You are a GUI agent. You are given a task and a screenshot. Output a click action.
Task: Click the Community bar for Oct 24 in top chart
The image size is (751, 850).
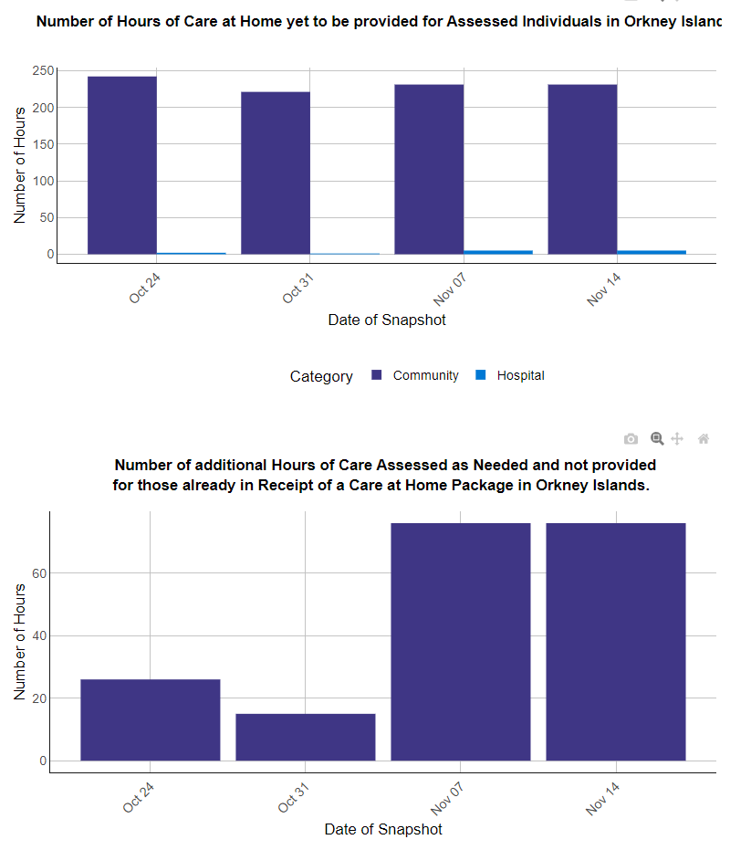pyautogui.click(x=122, y=165)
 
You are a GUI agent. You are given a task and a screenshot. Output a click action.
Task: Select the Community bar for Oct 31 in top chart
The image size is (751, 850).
pyautogui.click(x=276, y=173)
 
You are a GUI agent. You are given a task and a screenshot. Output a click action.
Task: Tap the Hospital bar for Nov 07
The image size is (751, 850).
pyautogui.click(x=498, y=252)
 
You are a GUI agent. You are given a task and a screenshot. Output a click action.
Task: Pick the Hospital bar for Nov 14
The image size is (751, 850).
pyautogui.click(x=652, y=252)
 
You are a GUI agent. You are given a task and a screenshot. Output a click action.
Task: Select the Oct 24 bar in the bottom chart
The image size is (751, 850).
pyautogui.click(x=151, y=720)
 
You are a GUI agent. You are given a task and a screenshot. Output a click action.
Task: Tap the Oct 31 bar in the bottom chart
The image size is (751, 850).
pyautogui.click(x=306, y=737)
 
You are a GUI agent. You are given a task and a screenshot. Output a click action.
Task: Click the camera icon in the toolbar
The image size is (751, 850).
pyautogui.click(x=631, y=439)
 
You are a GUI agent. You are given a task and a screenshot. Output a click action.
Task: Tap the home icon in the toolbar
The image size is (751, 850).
pyautogui.click(x=704, y=439)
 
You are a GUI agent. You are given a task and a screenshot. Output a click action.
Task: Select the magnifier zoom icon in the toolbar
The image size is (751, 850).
pyautogui.click(x=656, y=438)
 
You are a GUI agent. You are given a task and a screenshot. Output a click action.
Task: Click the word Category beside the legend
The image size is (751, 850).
pyautogui.click(x=321, y=376)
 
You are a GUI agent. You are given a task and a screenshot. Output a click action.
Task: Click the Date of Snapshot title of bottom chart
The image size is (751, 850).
pyautogui.click(x=383, y=829)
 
